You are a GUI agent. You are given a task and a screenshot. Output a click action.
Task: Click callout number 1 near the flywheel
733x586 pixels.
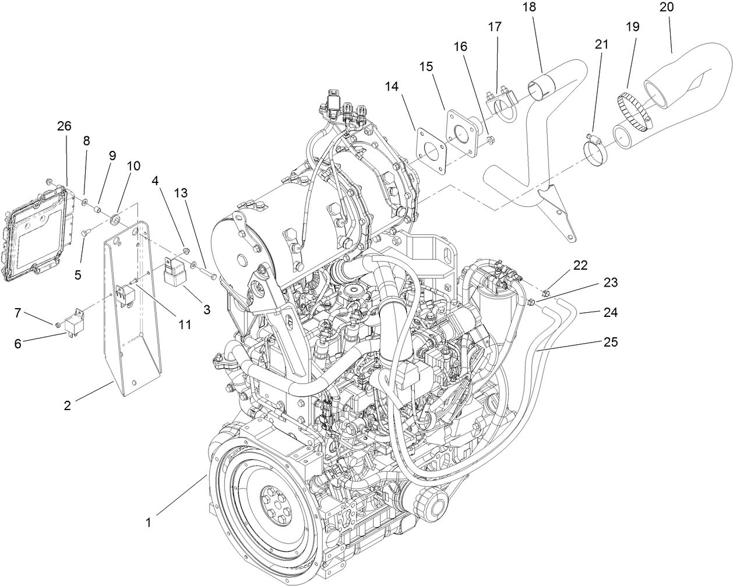pyautogui.click(x=148, y=523)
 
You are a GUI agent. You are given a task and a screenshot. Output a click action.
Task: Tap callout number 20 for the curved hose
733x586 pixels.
pyautogui.click(x=667, y=8)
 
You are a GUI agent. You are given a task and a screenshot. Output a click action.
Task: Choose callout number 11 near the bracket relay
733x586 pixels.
pyautogui.click(x=185, y=324)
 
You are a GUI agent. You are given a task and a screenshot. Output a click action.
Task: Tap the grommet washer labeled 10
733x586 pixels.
pyautogui.click(x=115, y=220)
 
